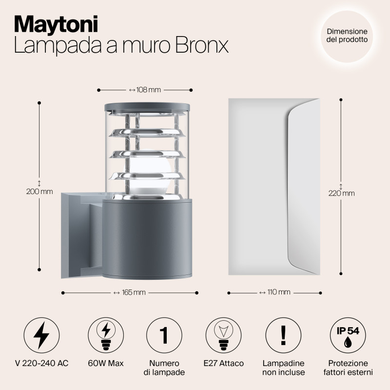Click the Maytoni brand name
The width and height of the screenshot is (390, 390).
click(56, 23)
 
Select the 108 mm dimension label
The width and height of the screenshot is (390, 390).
click(145, 90)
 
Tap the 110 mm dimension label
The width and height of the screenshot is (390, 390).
click(274, 292)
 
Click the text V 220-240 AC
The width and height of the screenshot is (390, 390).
click(41, 363)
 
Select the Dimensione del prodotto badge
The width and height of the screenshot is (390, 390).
click(347, 35)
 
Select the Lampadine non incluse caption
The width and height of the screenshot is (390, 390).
click(284, 368)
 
